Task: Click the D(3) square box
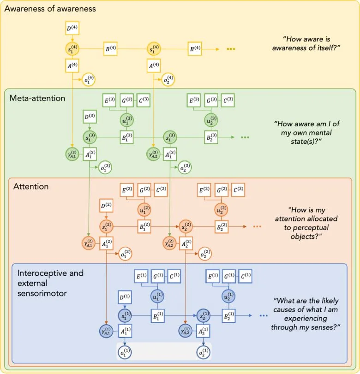point(90,117)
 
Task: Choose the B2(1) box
point(226,317)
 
